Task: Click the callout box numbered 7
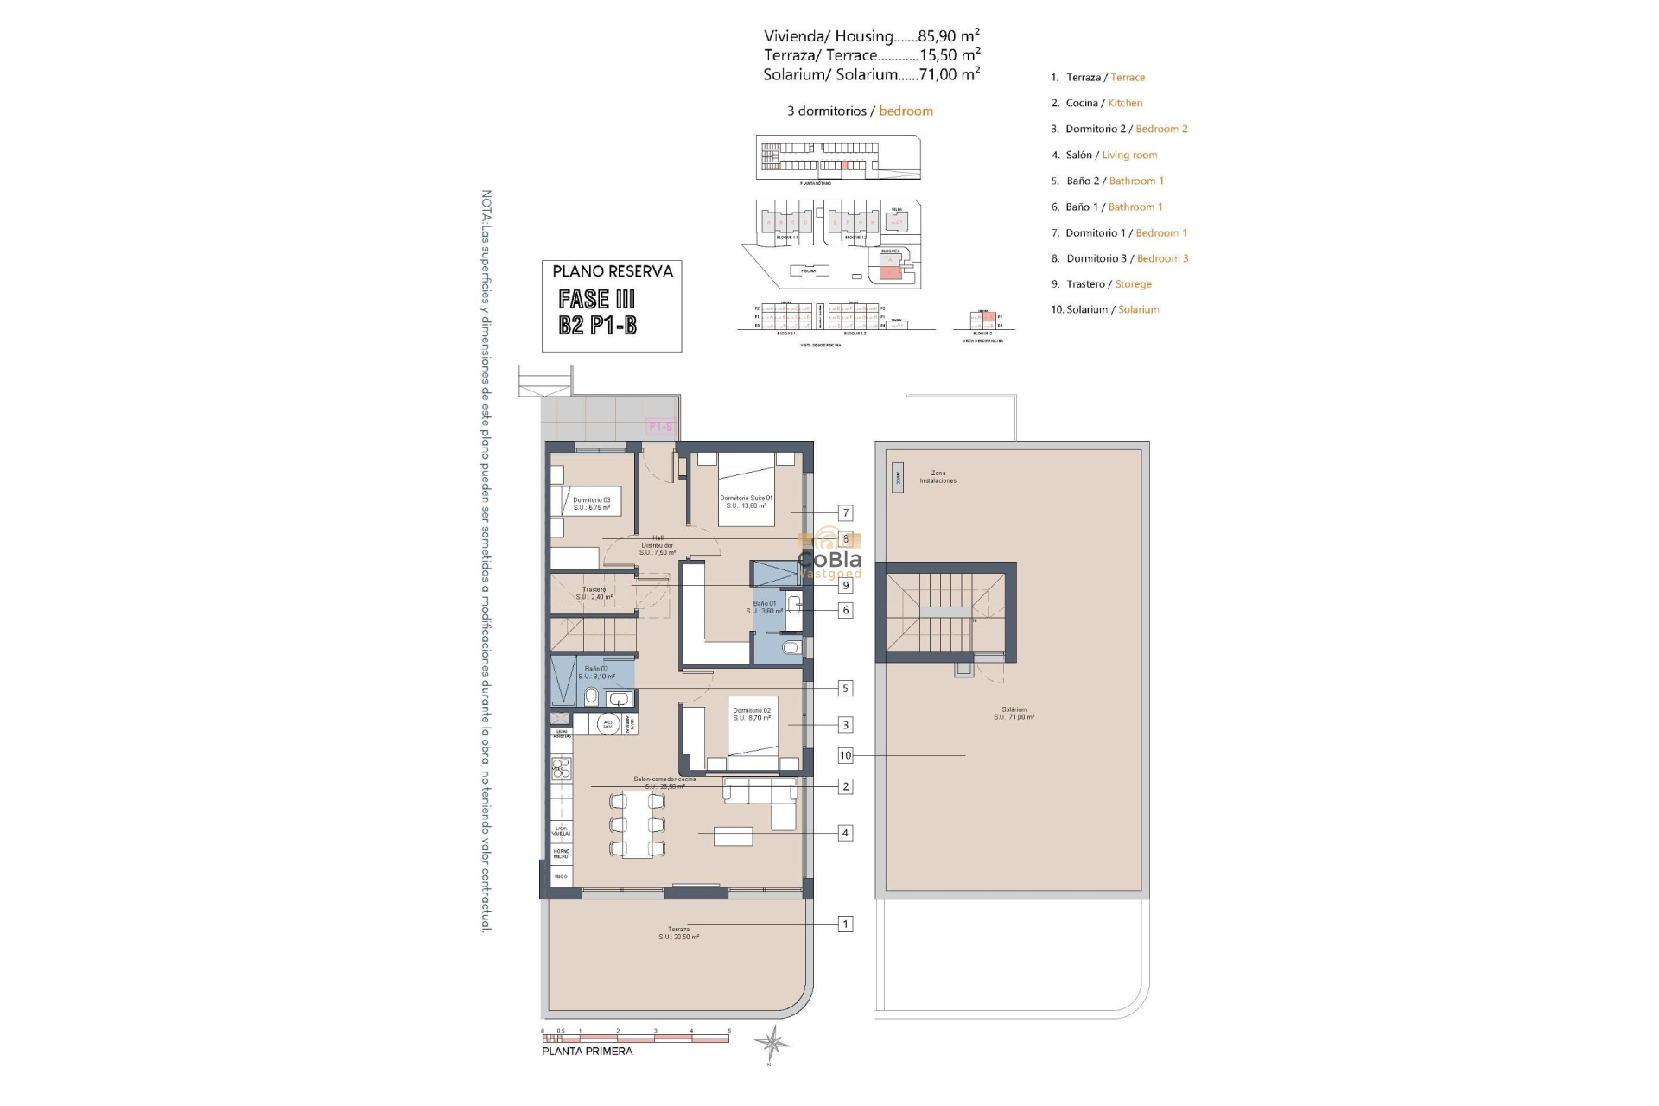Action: coord(846,513)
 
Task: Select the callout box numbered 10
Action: coord(845,755)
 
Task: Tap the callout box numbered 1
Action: coord(846,924)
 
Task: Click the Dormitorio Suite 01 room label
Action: coord(747,501)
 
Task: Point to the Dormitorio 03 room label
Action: coord(592,504)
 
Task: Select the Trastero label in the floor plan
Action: coord(594,593)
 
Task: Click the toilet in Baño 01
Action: coord(791,647)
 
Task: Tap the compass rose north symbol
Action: coord(771,1043)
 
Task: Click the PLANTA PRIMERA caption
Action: coord(587,1052)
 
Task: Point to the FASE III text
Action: coord(597,300)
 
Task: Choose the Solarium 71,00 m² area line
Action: coord(871,74)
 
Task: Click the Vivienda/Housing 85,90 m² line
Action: coord(871,36)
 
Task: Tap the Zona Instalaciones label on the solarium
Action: coord(938,477)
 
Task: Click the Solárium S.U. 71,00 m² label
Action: coord(1014,713)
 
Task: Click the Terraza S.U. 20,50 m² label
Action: coord(678,933)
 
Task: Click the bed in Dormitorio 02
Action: coord(752,734)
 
